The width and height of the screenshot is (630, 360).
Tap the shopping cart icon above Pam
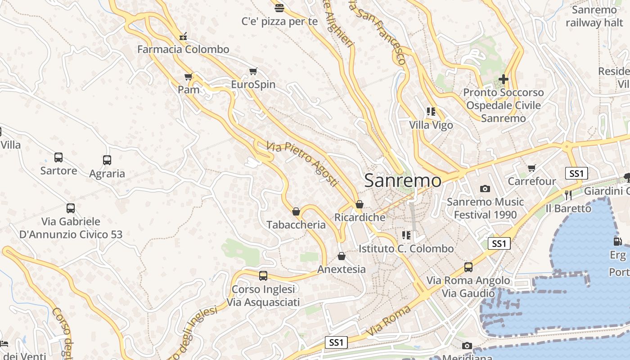point(189,77)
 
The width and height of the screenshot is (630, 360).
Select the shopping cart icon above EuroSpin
point(253,72)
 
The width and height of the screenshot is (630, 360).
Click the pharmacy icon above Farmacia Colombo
point(183,37)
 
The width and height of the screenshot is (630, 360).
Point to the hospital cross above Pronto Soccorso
point(504,80)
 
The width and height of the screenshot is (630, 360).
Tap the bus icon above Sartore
point(58,157)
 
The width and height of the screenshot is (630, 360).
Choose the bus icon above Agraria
point(107,160)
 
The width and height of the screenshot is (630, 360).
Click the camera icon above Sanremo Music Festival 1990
point(485,189)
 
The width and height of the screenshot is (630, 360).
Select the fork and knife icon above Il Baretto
point(568,195)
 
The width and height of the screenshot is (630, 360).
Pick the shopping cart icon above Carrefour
point(532,168)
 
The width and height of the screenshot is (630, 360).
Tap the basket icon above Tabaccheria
point(296,211)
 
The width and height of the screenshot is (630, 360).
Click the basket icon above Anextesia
point(342,256)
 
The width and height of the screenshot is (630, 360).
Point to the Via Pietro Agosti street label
point(302,164)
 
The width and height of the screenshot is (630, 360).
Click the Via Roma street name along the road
point(389,321)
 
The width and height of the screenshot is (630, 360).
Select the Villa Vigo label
point(431,125)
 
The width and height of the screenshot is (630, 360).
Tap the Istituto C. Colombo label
point(406,248)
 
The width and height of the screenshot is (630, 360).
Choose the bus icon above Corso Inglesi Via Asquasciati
point(263,275)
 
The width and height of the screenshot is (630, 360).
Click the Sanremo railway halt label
point(594,16)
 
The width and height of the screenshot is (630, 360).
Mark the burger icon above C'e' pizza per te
point(279,8)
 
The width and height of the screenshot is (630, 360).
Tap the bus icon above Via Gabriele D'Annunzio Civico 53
point(71,208)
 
